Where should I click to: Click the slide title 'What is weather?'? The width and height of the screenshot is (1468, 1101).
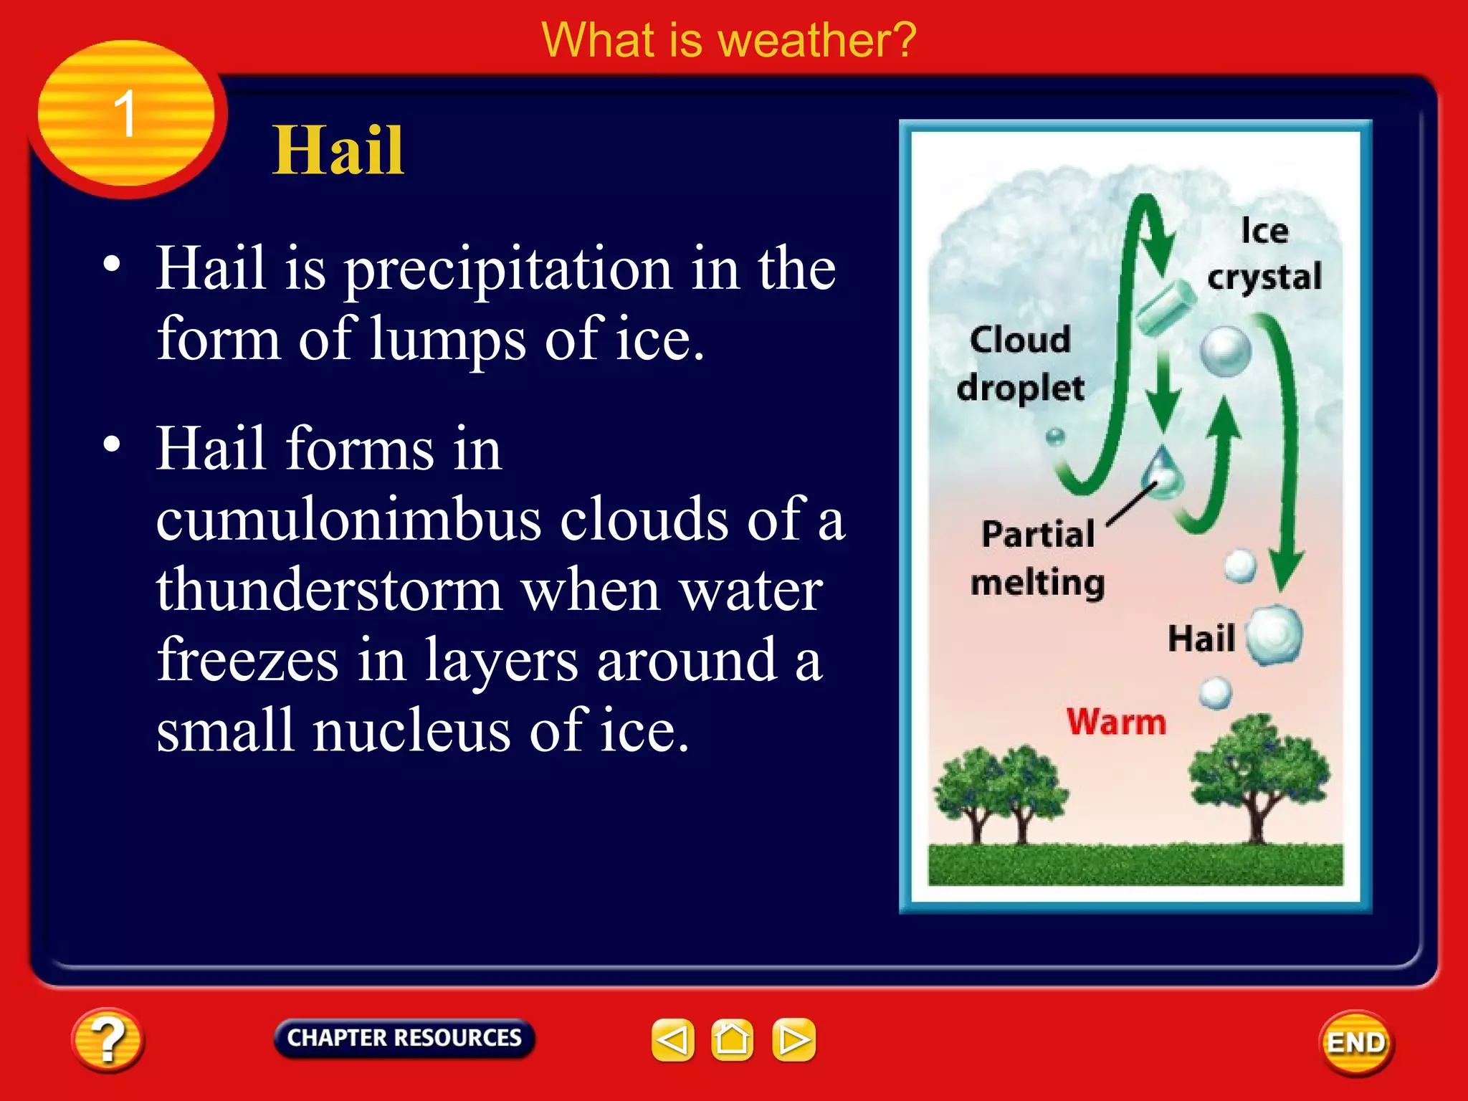[728, 40]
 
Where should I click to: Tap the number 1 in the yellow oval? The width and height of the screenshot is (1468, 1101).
[125, 114]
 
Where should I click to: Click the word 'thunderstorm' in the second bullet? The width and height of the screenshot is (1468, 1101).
[329, 590]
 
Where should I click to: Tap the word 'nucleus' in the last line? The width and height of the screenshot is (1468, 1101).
[411, 730]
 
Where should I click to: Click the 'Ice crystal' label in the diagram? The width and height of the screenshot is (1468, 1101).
[1264, 254]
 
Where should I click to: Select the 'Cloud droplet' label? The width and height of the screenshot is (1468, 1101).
[1020, 363]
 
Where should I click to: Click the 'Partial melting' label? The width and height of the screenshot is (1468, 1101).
[1037, 558]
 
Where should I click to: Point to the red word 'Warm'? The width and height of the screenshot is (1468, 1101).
[1116, 721]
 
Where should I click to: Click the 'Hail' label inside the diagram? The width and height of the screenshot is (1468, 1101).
[1201, 638]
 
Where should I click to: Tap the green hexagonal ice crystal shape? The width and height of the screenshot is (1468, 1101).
[1166, 308]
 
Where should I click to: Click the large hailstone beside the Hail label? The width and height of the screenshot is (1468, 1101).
[1274, 634]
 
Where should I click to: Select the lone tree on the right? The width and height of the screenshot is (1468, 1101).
[1257, 778]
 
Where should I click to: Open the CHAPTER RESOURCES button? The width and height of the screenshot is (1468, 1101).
[404, 1037]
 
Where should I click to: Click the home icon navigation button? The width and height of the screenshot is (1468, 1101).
[732, 1039]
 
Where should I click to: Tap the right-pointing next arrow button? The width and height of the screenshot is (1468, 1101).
[793, 1039]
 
